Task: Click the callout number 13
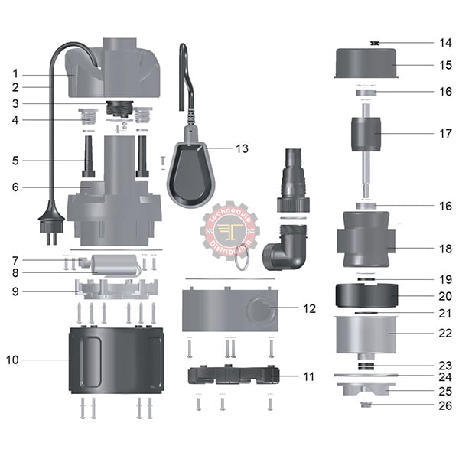pos(242,148)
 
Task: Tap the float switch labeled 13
pos(190,173)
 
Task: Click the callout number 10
pos(12,360)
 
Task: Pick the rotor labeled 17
pos(366,135)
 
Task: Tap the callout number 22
pos(445,333)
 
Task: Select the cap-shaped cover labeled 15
pos(366,63)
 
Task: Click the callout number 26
pos(445,405)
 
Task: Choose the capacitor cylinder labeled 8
pos(115,265)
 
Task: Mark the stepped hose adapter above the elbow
pos(293,181)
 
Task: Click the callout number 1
pos(15,73)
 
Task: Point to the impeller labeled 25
pos(366,389)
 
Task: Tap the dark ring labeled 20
pos(366,295)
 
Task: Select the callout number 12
pos(309,309)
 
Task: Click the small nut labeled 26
pos(366,405)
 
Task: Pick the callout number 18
pos(445,249)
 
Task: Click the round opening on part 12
pos(261,311)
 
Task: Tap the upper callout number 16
pos(445,92)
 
